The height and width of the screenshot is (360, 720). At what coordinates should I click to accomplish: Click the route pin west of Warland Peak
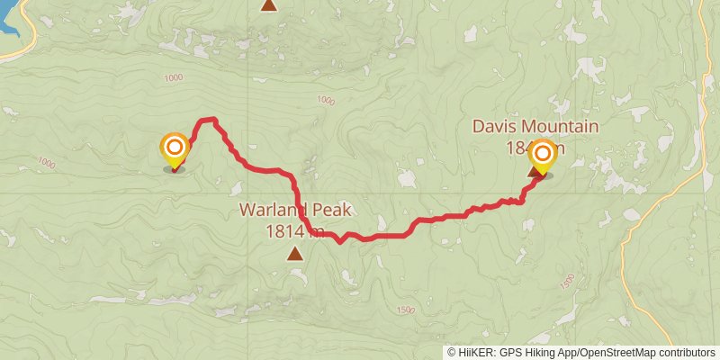pos(174,148)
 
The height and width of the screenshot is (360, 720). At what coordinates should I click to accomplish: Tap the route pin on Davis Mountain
pos(542,154)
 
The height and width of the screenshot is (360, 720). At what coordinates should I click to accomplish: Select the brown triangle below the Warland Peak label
pos(295,254)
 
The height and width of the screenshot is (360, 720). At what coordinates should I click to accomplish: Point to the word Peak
pos(329,211)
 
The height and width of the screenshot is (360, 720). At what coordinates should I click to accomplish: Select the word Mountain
pos(563,127)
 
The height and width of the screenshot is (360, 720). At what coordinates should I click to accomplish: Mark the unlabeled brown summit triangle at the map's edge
pos(268,4)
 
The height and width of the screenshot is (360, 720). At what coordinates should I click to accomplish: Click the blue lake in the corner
pos(9,22)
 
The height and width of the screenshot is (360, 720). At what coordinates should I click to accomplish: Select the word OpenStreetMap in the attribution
pos(618,353)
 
